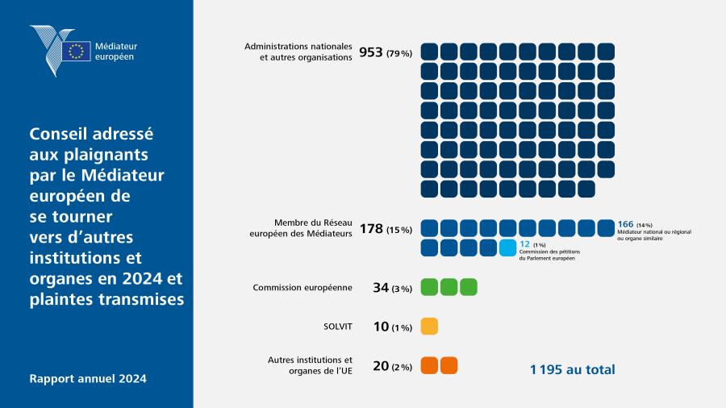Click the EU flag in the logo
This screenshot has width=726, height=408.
[x=77, y=51]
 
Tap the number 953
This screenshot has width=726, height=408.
[x=371, y=52]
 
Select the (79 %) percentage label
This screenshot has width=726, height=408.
[x=399, y=54]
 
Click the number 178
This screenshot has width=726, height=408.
[x=371, y=228]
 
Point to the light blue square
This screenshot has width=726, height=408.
[x=507, y=248]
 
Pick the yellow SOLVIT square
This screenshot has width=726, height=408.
[x=429, y=326]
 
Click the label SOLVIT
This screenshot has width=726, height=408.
[x=337, y=327]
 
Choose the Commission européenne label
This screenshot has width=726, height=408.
[x=302, y=287]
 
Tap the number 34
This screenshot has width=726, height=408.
[x=381, y=288]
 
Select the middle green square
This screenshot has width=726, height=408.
[x=449, y=287]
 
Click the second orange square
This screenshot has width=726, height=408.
[x=449, y=365]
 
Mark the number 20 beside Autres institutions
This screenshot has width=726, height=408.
[x=381, y=366]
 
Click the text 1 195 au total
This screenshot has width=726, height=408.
[x=572, y=369]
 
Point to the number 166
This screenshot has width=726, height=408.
[x=625, y=224]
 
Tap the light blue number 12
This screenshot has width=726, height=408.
[x=524, y=244]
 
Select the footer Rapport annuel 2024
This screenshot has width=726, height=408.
[x=88, y=378]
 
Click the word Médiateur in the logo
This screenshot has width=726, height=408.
[x=116, y=46]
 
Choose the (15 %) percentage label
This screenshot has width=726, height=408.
[x=399, y=230]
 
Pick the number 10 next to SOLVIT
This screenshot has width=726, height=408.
[x=381, y=327]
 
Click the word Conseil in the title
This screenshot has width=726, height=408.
[x=58, y=134]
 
